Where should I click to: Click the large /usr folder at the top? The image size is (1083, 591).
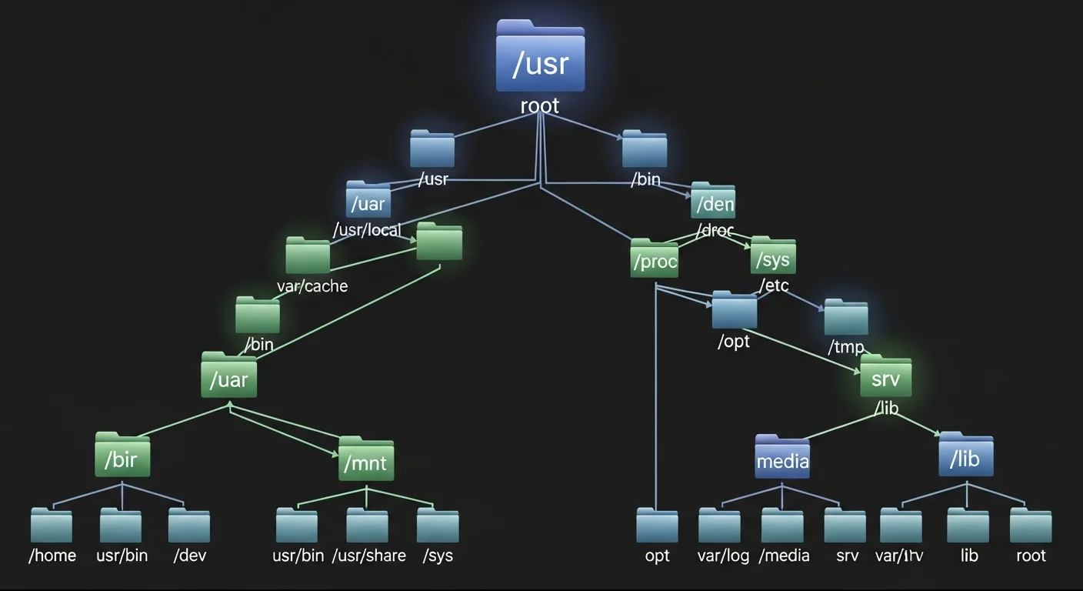pyautogui.click(x=540, y=58)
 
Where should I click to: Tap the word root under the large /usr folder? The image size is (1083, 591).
pyautogui.click(x=540, y=105)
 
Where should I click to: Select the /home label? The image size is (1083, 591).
pyautogui.click(x=52, y=556)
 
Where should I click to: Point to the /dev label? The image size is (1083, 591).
pyautogui.click(x=189, y=556)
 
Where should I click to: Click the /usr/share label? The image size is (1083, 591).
pyautogui.click(x=368, y=556)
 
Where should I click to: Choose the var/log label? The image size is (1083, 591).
pyautogui.click(x=723, y=556)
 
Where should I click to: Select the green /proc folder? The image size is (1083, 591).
pyautogui.click(x=655, y=259)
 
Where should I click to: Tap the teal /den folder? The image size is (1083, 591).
pyautogui.click(x=713, y=202)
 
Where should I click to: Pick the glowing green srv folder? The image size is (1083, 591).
pyautogui.click(x=885, y=376)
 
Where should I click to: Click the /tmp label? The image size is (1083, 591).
pyautogui.click(x=846, y=347)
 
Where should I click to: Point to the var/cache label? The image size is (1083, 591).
pyautogui.click(x=312, y=286)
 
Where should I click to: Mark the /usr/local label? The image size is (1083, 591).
pyautogui.click(x=367, y=230)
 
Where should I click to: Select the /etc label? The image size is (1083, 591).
pyautogui.click(x=774, y=286)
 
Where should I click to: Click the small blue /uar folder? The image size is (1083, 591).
pyautogui.click(x=368, y=200)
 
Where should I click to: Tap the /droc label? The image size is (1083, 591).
pyautogui.click(x=715, y=230)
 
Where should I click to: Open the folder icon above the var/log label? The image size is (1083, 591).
pyautogui.click(x=719, y=526)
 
